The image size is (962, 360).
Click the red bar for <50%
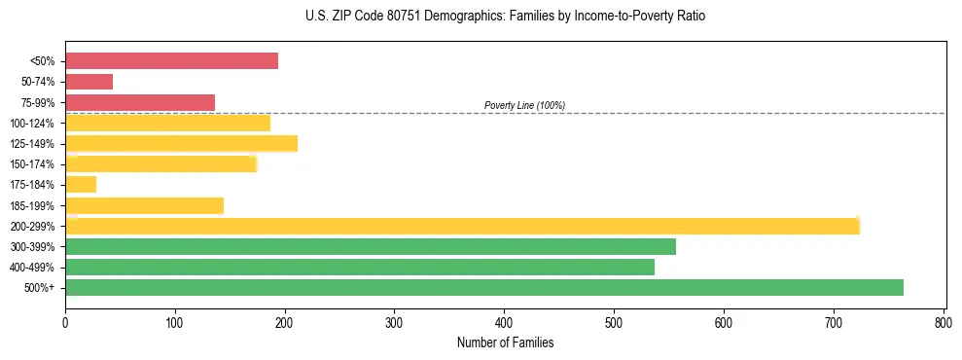click(171, 61)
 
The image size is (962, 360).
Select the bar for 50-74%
click(89, 82)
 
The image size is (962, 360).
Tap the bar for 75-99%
click(140, 102)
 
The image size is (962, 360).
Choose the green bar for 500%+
click(484, 287)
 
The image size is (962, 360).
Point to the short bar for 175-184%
click(81, 185)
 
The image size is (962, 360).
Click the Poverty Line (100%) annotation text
click(524, 105)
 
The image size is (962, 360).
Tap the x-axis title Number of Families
click(505, 342)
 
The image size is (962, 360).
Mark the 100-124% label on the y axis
click(33, 124)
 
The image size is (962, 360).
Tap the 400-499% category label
click(33, 268)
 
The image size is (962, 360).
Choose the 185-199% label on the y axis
click(33, 205)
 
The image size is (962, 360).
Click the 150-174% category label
click(33, 164)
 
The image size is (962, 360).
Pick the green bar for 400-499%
click(360, 267)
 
